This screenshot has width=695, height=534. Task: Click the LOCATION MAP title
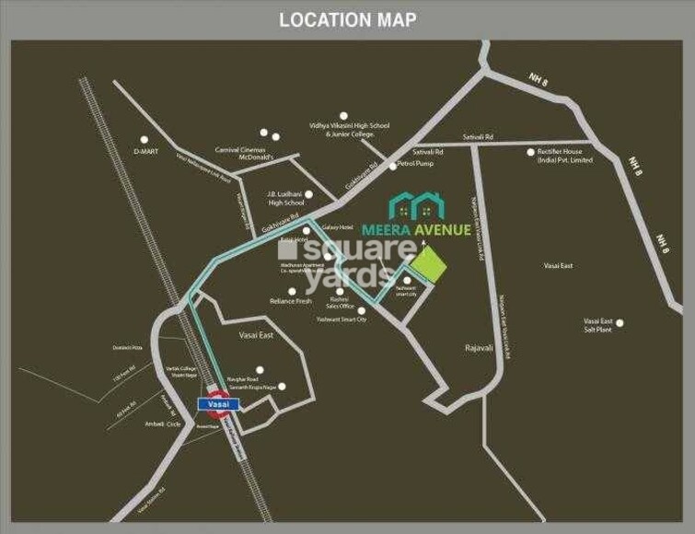click(x=347, y=19)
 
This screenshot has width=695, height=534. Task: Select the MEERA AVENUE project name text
click(x=429, y=230)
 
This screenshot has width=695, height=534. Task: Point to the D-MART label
click(x=147, y=149)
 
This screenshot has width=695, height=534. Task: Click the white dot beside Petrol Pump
click(x=392, y=166)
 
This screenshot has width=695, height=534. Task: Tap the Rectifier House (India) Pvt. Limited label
click(x=565, y=157)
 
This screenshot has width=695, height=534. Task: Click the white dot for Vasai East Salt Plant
click(x=620, y=323)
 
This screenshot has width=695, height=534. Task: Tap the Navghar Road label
click(x=244, y=379)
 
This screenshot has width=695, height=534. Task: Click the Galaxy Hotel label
click(x=338, y=226)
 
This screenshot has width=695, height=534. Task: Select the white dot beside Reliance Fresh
click(x=293, y=291)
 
